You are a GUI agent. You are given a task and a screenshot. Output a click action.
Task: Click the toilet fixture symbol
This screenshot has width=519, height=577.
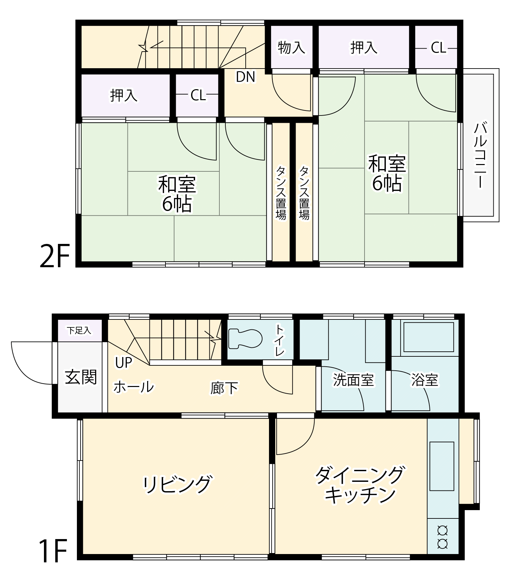coord(245,339)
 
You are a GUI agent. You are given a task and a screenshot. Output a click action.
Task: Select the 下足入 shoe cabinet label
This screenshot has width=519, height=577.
coord(79,330)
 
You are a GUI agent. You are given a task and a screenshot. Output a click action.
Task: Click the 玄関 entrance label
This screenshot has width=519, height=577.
coord(81,377)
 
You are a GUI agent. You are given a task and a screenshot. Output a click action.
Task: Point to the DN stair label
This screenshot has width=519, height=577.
coord(246,77)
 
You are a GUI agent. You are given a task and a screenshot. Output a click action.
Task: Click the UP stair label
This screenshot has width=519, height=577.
coord(124,363)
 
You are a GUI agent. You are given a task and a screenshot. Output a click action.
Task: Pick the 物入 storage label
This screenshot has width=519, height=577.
coord(291,47)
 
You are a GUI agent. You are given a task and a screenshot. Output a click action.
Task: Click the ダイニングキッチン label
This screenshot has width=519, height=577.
coord(359,485)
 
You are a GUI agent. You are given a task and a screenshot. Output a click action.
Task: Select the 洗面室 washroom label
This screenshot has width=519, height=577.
coord(353,380)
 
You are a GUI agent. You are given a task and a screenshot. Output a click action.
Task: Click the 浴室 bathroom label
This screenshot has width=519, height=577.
coord(425,380)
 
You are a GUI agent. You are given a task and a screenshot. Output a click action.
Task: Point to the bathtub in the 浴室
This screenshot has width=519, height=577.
coord(429,337)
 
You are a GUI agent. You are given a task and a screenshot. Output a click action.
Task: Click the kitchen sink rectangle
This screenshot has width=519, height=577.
coord(442,466)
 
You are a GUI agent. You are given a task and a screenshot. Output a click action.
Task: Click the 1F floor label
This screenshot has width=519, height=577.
coord(53,551)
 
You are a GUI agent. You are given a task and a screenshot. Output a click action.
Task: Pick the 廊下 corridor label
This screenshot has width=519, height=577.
coord(224,388)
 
